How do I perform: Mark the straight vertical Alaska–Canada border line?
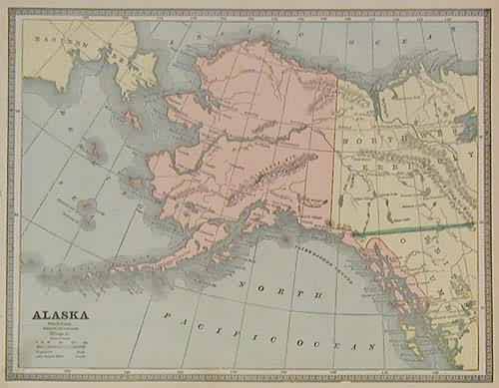(333, 160)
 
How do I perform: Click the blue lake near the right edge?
(466, 127)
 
